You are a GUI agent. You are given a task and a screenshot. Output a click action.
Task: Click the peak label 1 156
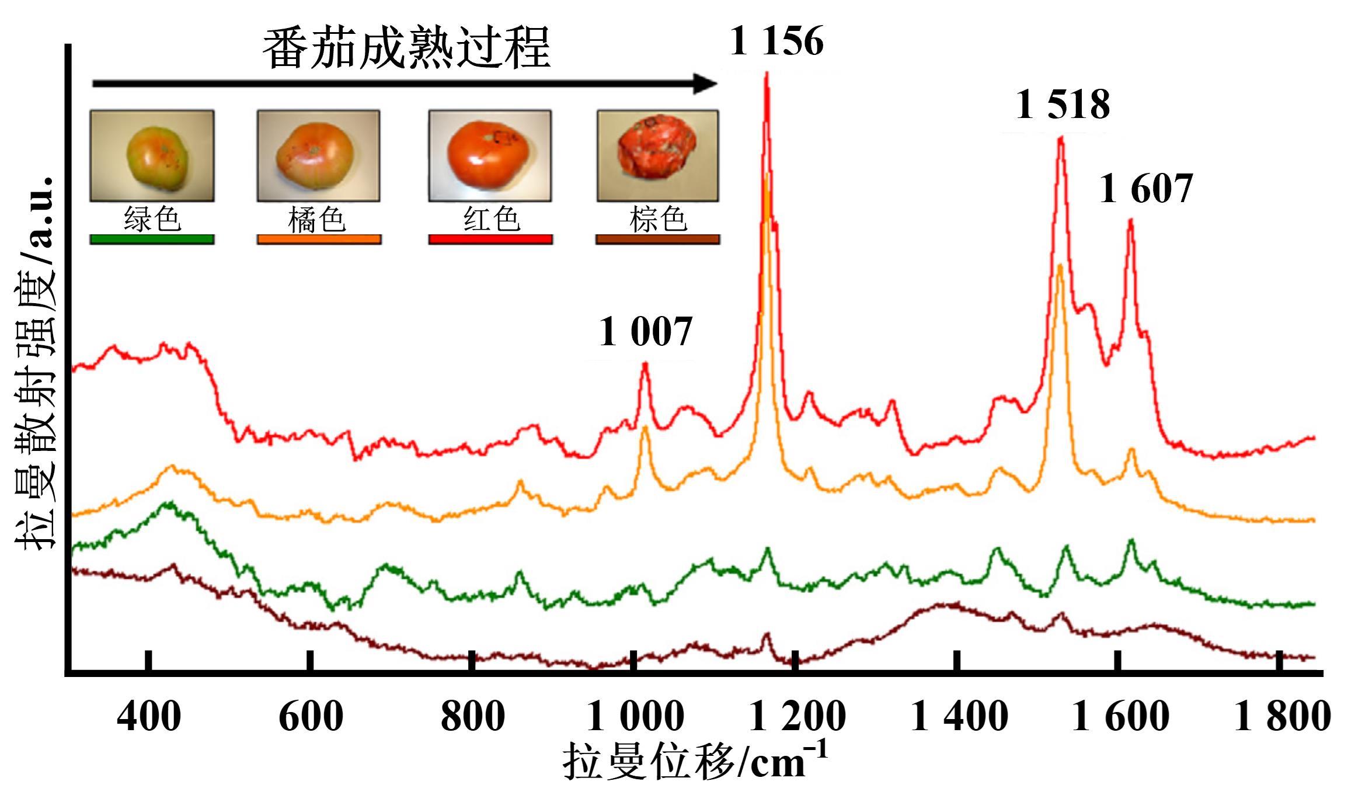[x=776, y=42]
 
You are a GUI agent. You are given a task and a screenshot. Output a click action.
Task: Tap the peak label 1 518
[x=1063, y=106]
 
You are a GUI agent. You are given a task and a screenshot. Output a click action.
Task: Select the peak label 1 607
[x=1145, y=189]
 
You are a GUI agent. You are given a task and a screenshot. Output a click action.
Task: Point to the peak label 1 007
[x=645, y=332]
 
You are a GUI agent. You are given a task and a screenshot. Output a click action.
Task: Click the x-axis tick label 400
[x=149, y=717]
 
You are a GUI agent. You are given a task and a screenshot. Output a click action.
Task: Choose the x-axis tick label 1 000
[x=635, y=717]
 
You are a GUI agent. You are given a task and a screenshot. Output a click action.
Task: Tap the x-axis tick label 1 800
[x=1281, y=717]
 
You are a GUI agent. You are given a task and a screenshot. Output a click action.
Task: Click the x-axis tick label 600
[x=311, y=717]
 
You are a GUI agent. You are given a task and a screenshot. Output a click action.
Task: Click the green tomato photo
[x=152, y=155]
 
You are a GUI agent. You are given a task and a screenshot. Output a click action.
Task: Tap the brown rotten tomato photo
[x=657, y=155]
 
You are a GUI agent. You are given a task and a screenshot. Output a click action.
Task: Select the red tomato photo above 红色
[x=490, y=155]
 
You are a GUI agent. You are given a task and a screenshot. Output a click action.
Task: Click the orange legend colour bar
[x=319, y=239]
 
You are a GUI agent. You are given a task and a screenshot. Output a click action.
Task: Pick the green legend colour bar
[x=152, y=239]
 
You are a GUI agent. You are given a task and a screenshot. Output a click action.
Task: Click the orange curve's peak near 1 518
[x=1060, y=267]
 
